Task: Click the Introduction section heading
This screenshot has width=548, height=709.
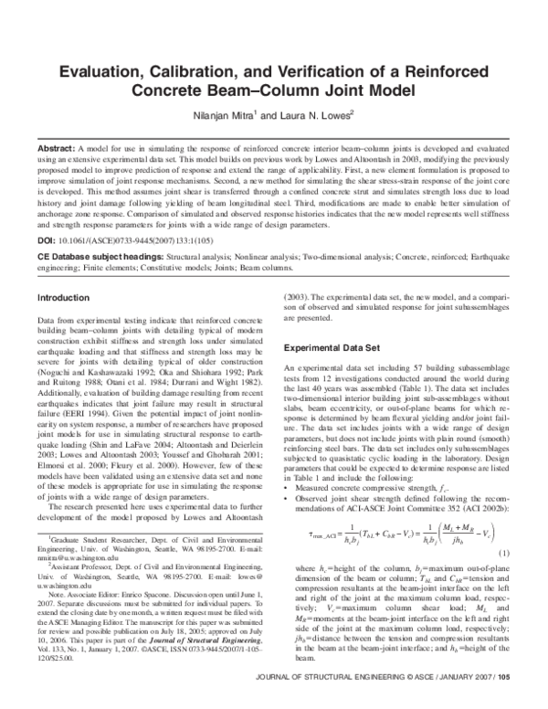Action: [x=63, y=298]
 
